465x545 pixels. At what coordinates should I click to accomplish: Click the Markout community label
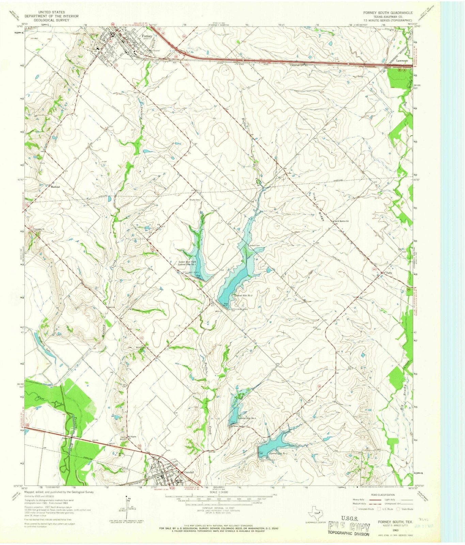[x=55, y=187]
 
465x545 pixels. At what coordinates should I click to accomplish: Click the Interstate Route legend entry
[x=364, y=509]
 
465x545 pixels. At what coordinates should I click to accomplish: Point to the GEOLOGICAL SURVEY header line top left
[x=52, y=20]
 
